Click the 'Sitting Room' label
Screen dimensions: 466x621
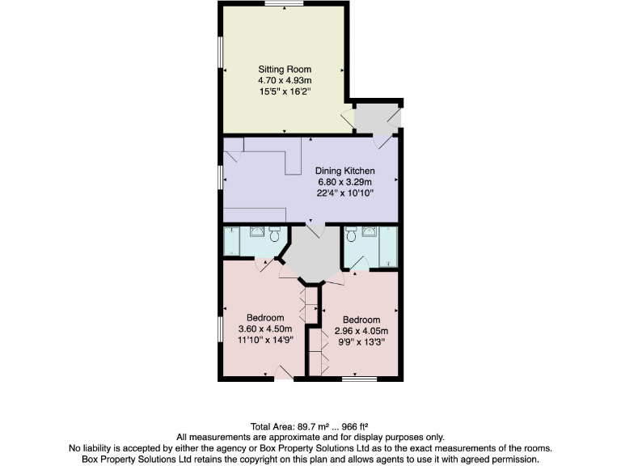284,69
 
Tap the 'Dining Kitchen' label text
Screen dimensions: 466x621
345,171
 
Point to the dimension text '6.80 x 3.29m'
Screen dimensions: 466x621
345,182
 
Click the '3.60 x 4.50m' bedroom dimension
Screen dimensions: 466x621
265,329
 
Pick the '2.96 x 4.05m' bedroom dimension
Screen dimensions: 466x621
361,331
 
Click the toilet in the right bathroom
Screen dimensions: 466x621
350,235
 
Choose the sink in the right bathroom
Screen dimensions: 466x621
370,232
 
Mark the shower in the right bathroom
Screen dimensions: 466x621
390,247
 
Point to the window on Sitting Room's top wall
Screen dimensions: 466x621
284,5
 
